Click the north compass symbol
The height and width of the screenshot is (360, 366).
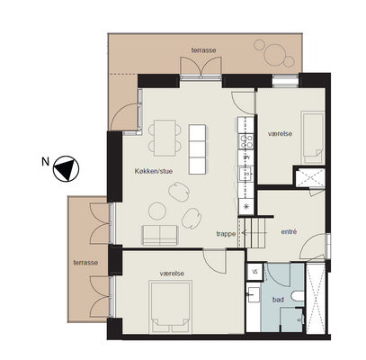[66, 168]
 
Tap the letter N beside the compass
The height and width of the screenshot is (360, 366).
[45, 162]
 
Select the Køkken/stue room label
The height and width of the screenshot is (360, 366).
[154, 171]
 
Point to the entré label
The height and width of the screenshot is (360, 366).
[289, 231]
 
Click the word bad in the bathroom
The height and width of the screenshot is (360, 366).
[278, 300]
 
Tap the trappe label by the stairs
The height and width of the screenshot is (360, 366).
[226, 234]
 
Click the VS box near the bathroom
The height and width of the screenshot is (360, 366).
[254, 272]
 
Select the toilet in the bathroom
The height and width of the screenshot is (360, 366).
[298, 296]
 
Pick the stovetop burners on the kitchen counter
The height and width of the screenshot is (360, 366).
[245, 141]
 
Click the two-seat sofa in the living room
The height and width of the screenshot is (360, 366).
[160, 235]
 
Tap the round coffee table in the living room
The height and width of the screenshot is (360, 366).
[157, 211]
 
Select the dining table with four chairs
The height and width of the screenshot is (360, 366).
[165, 138]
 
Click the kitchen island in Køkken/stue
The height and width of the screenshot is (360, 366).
[197, 149]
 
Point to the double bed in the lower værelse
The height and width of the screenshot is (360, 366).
[171, 307]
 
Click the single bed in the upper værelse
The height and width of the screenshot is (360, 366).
[313, 138]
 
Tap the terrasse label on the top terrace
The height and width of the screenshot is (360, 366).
[203, 50]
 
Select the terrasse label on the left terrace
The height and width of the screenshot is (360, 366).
[85, 263]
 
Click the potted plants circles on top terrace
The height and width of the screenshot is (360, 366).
[274, 53]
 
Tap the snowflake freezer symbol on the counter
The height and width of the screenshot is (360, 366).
[245, 206]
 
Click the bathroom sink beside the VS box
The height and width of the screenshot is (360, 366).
[254, 294]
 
